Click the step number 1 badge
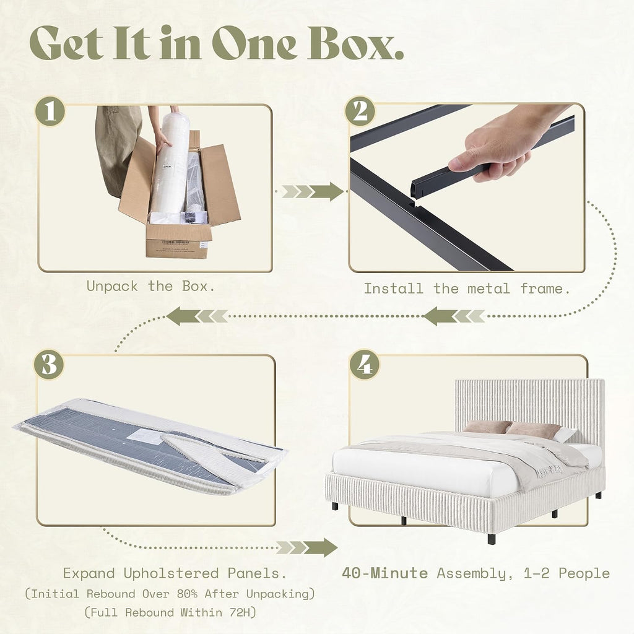50,111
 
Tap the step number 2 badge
360,111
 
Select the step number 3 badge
49,365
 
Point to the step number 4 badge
365,365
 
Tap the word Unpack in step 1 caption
112,287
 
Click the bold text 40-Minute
385,573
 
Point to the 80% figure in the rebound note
187,594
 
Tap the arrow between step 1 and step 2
313,191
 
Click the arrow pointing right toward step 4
306,547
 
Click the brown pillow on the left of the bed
487,427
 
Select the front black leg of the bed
491,539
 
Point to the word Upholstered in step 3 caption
172,573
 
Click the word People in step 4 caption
584,573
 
